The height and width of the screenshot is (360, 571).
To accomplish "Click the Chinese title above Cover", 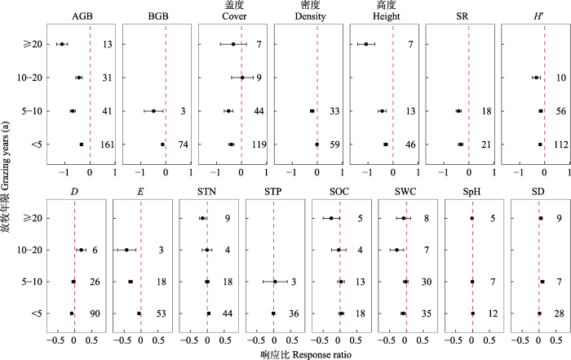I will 234,6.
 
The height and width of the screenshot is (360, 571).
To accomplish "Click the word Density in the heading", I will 310,16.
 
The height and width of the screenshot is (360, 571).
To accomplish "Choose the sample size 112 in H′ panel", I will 558,144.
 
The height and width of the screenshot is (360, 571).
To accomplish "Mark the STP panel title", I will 273,193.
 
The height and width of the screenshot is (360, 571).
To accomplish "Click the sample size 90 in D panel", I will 94,313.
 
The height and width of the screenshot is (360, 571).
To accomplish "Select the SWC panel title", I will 405,193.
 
